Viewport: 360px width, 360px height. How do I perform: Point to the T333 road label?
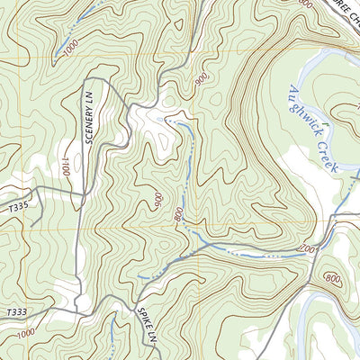15,310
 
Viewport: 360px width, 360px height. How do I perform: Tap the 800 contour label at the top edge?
307,4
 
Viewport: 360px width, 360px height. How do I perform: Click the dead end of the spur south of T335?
33,224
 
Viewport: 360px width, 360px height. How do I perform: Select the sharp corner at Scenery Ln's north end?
108,81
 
